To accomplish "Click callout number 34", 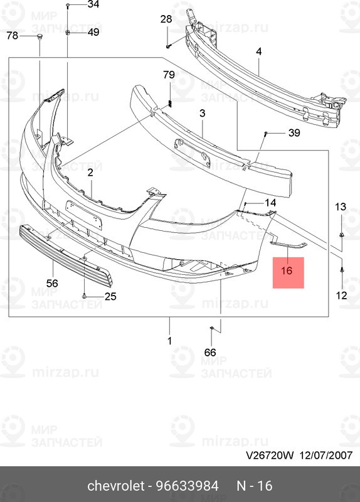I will pos(93,5).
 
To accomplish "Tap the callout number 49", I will pos(93,32).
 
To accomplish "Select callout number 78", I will pos(13,36).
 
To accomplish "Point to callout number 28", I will pos(166,19).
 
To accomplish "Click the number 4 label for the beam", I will pos(258,53).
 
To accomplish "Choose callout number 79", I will pos(169,75).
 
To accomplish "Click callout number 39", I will pos(294,132).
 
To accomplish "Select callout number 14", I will pos(270,203).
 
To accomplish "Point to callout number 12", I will pos(341,296).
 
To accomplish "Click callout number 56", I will pos(52,284).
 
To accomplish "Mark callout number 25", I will pos(110,296).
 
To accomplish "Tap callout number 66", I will pos(210,353).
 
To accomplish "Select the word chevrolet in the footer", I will pos(114,486).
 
